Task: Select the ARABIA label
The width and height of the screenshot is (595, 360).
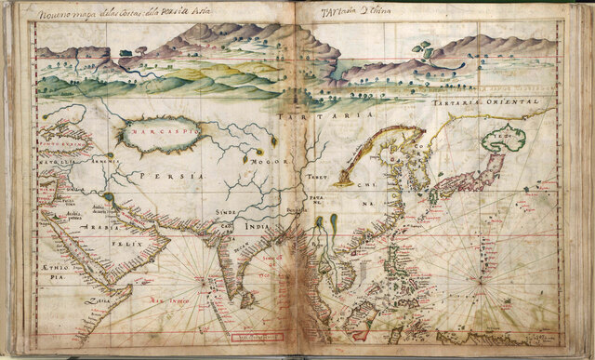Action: click(x=97, y=227)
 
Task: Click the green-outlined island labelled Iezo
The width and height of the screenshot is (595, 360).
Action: click(x=503, y=140)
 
